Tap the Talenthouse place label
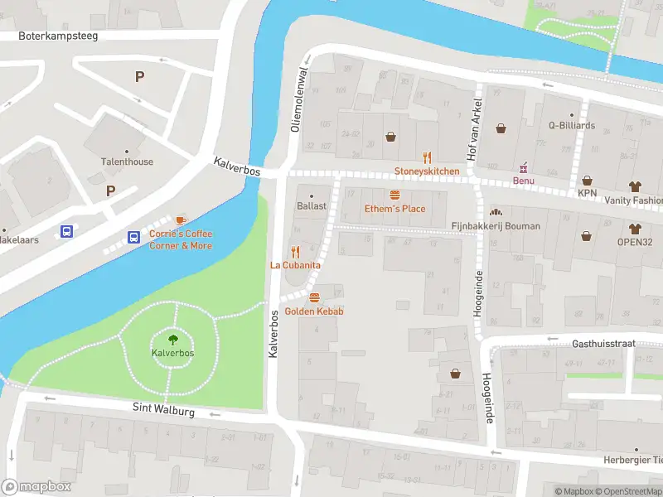[x=127, y=162]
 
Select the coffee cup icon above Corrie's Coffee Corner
[x=181, y=220]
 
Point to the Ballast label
[x=312, y=205]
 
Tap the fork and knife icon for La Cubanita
[x=295, y=252]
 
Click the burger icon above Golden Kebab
[x=313, y=297]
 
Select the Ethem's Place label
[x=394, y=209]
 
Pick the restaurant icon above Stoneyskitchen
[x=427, y=157]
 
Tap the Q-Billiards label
[x=571, y=126]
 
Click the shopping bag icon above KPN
[x=587, y=180]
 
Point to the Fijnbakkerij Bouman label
[x=496, y=226]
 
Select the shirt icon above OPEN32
[x=636, y=229]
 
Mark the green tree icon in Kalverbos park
[x=172, y=339]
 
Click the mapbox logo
[x=35, y=487]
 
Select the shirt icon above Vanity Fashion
[x=636, y=186]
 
